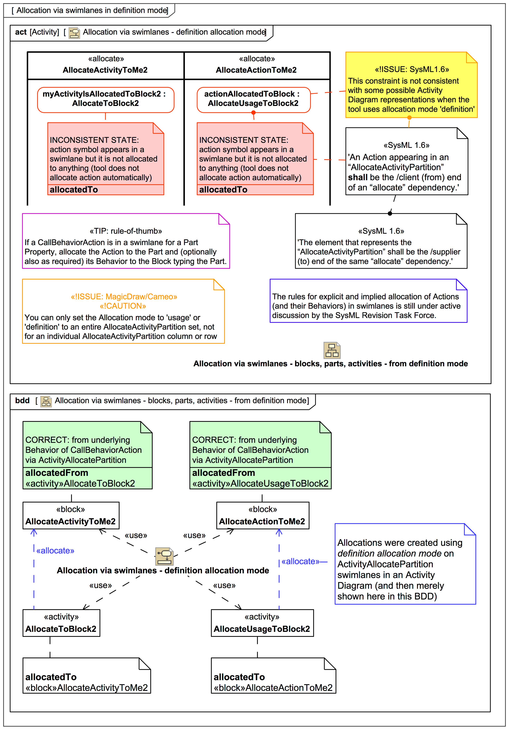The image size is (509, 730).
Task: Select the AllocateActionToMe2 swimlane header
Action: click(256, 65)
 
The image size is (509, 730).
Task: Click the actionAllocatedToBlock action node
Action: click(253, 99)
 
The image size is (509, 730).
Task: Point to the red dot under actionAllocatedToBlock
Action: click(253, 113)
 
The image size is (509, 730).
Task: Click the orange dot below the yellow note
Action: click(409, 118)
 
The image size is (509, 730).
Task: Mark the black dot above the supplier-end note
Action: click(390, 213)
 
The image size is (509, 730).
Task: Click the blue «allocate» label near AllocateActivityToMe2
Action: click(55, 551)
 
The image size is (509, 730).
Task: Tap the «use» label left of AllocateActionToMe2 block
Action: click(194, 535)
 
